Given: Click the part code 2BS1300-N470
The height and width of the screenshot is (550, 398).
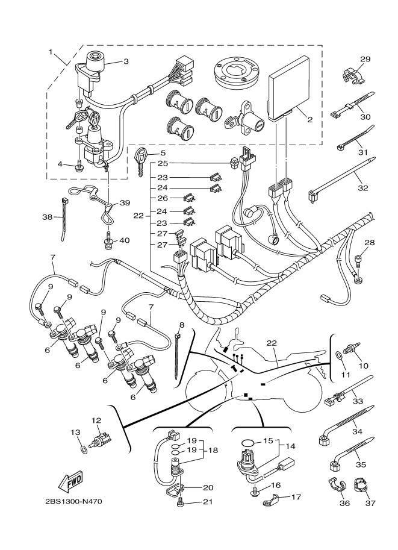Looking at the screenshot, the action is pyautogui.click(x=73, y=501).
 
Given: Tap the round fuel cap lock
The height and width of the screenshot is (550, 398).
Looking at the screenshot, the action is pyautogui.click(x=238, y=72).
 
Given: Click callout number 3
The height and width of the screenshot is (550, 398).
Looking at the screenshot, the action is pyautogui.click(x=126, y=61).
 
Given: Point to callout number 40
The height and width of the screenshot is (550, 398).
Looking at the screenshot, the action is pyautogui.click(x=125, y=240).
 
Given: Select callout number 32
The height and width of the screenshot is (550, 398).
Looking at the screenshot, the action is pyautogui.click(x=363, y=188).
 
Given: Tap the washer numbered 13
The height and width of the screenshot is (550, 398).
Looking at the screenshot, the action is pyautogui.click(x=83, y=449).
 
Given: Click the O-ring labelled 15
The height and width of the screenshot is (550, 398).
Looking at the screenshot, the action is pyautogui.click(x=248, y=443).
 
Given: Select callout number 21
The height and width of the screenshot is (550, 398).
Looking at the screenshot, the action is pyautogui.click(x=208, y=502).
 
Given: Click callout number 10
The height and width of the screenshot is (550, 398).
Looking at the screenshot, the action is pyautogui.click(x=364, y=366).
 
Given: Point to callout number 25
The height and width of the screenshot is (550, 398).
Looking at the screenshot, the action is pyautogui.click(x=163, y=163).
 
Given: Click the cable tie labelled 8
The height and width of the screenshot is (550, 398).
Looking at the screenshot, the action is pyautogui.click(x=178, y=355).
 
